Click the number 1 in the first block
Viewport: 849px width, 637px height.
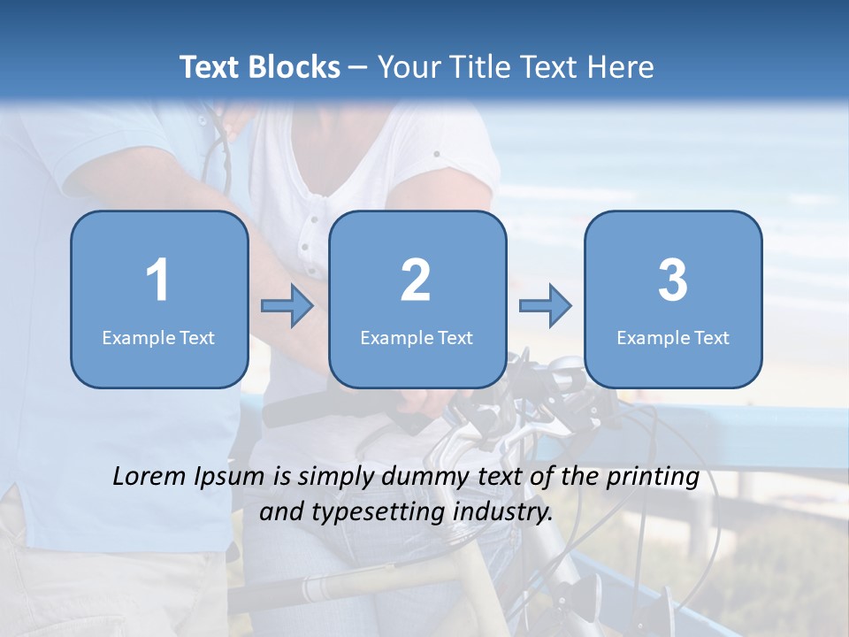point(158,280)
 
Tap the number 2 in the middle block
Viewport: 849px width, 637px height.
point(416,280)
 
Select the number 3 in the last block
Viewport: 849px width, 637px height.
point(673,280)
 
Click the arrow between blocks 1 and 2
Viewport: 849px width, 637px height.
point(287,306)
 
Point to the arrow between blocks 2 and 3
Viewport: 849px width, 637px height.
point(545,306)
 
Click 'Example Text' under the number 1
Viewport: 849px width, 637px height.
point(158,338)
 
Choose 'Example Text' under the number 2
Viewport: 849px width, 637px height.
point(417,338)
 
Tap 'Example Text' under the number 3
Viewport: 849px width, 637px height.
point(673,338)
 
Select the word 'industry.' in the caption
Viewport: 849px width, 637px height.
point(505,511)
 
